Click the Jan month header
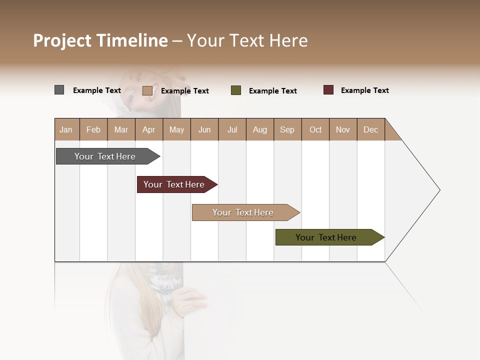66,129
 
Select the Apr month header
148,129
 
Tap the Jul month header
232,129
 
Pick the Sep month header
287,129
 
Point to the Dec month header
370,129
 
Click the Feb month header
93,129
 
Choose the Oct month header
315,129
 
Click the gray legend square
59,90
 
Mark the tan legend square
147,90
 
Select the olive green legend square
236,90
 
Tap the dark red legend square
328,90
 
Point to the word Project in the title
62,40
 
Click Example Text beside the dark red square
364,90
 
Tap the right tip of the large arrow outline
439,190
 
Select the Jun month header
204,129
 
